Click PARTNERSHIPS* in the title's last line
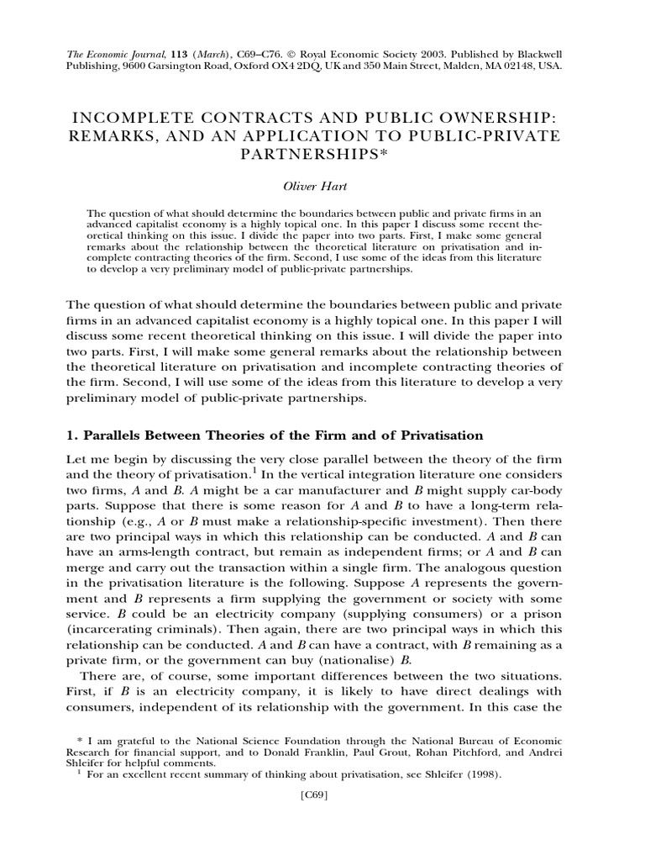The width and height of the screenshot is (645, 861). pos(322,156)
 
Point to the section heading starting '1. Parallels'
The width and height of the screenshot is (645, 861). pos(274,436)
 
